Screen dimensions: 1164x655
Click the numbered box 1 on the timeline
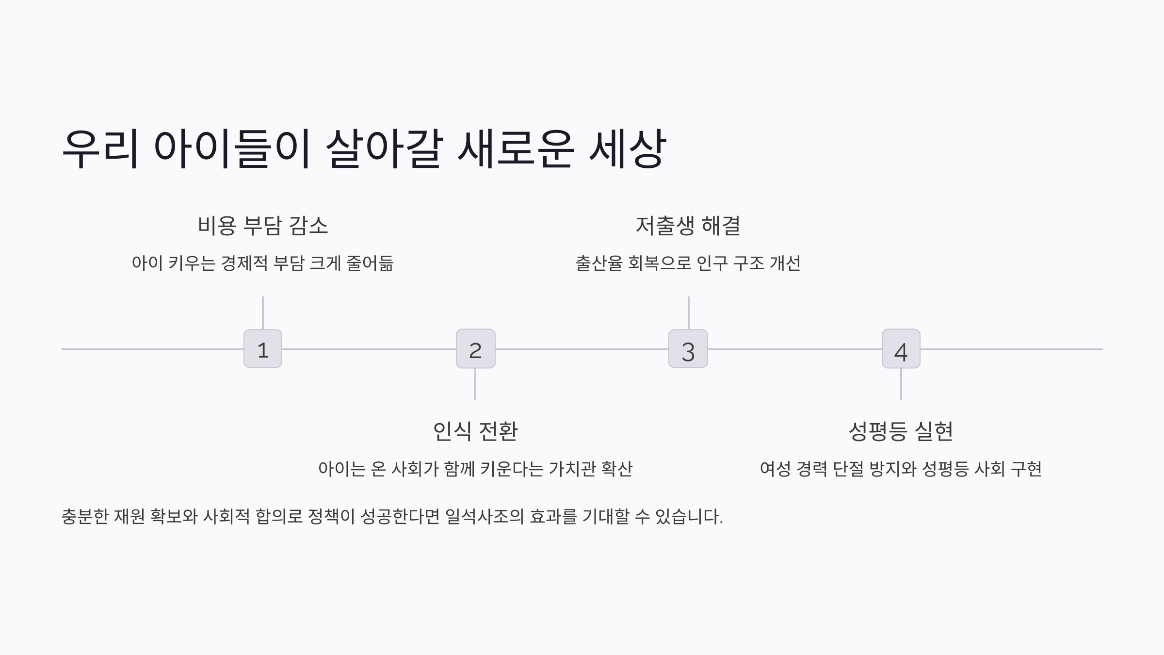[263, 349]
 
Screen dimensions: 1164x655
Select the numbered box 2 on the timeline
[475, 349]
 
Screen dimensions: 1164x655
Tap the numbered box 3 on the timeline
[688, 349]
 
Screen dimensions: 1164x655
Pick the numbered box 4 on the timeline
[901, 349]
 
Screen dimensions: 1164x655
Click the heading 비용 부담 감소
[263, 226]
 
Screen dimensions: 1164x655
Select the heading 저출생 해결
[688, 226]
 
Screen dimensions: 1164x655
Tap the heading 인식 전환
[475, 431]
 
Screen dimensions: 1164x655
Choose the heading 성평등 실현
[901, 431]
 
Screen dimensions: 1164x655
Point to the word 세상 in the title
[627, 148]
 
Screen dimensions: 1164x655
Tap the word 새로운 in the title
[516, 148]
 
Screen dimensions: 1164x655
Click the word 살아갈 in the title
[384, 148]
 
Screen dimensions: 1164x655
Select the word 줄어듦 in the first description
[370, 263]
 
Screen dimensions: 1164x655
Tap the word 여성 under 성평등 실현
[775, 469]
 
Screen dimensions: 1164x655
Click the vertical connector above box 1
[263, 313]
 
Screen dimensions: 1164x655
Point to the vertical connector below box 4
[901, 384]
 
